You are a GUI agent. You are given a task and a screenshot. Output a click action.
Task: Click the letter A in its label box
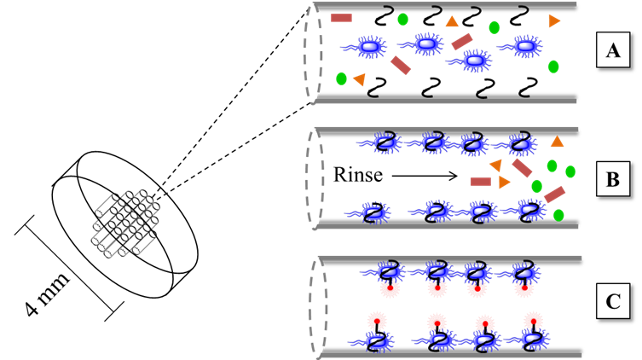[611, 53]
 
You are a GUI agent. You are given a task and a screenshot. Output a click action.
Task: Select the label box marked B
[611, 180]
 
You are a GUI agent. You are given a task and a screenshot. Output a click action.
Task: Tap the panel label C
[611, 304]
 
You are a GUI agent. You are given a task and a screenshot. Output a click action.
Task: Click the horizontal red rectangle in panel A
[341, 16]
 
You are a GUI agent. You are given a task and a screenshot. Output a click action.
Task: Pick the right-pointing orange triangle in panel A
[554, 20]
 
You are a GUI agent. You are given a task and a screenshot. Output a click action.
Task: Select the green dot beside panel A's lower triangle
[342, 78]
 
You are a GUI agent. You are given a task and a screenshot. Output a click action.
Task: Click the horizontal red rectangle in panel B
[480, 181]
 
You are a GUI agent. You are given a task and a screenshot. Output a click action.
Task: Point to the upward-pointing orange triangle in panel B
[557, 140]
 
